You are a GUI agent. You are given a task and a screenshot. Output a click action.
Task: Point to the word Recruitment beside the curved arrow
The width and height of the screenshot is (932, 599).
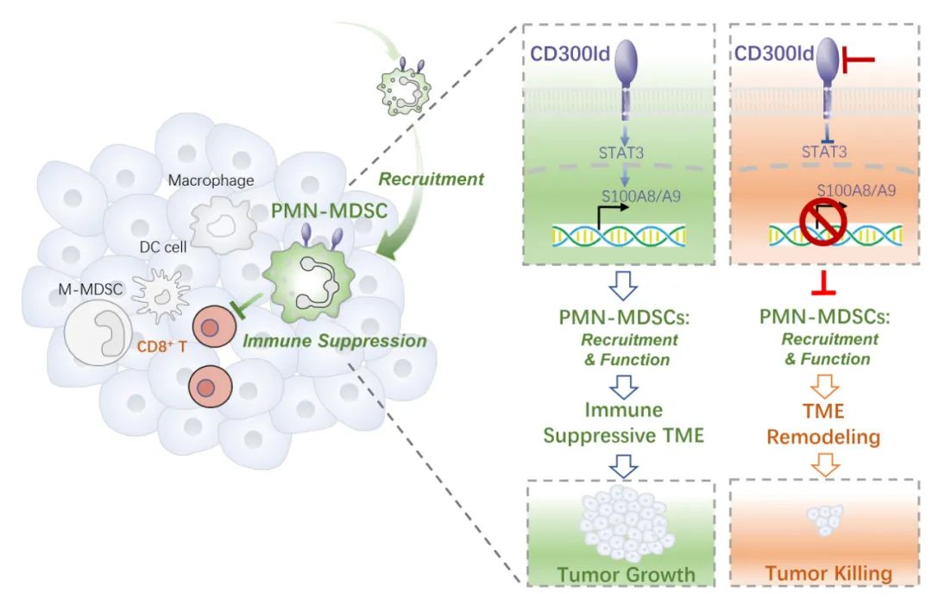pos(431,180)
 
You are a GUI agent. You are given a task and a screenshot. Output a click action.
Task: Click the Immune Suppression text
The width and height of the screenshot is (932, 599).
pos(335,341)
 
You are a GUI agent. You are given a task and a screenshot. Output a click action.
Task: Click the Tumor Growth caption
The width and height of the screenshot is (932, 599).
pos(626,575)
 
